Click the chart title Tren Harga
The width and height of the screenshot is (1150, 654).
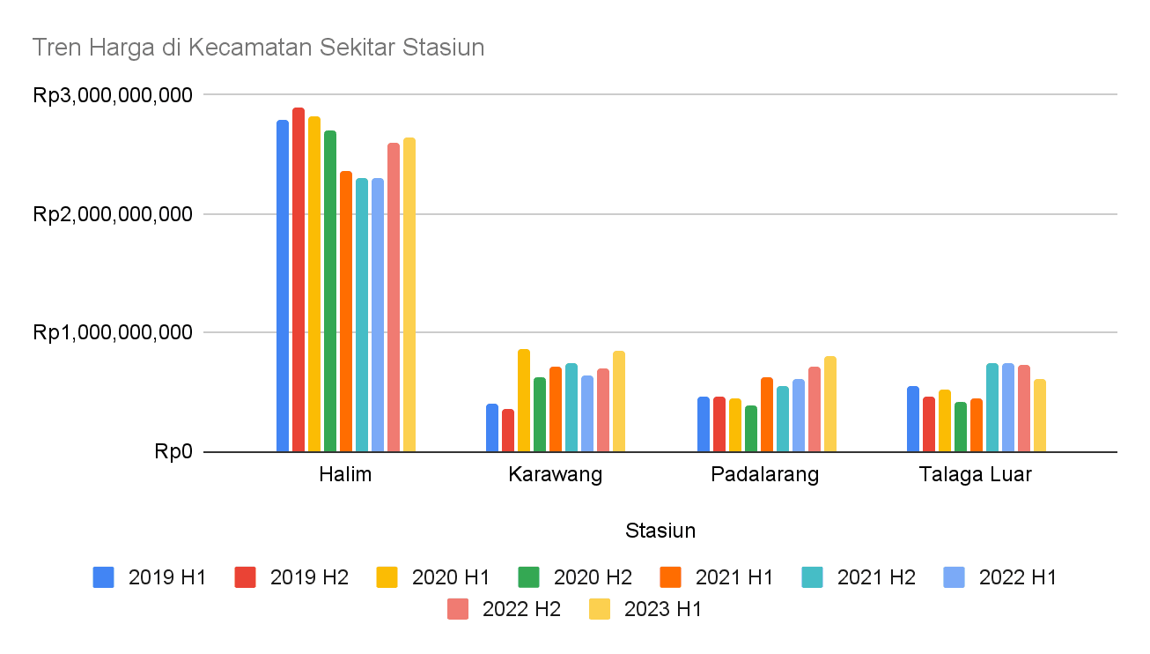[x=258, y=48]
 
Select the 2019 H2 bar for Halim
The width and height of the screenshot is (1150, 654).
[x=299, y=280]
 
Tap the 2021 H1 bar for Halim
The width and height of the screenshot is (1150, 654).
[x=346, y=312]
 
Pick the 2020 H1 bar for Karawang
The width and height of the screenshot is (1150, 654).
[x=524, y=401]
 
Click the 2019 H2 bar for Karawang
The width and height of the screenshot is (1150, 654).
[x=508, y=431]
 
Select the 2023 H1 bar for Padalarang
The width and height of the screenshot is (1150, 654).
[x=830, y=405]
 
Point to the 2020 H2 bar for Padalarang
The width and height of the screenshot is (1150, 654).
[x=751, y=429]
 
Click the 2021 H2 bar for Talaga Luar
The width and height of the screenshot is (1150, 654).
[x=992, y=408]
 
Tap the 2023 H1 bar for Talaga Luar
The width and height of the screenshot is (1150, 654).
[x=1040, y=416]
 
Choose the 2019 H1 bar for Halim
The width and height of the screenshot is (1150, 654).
[x=283, y=286]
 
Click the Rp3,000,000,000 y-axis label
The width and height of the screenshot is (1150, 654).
[x=113, y=95]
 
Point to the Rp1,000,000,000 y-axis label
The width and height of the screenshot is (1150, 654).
[x=113, y=333]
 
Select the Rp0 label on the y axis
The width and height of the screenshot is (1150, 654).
[x=173, y=452]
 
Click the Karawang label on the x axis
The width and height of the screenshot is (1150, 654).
[x=556, y=475]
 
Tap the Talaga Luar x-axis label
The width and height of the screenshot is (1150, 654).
[x=976, y=475]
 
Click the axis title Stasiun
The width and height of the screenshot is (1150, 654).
[x=660, y=531]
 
